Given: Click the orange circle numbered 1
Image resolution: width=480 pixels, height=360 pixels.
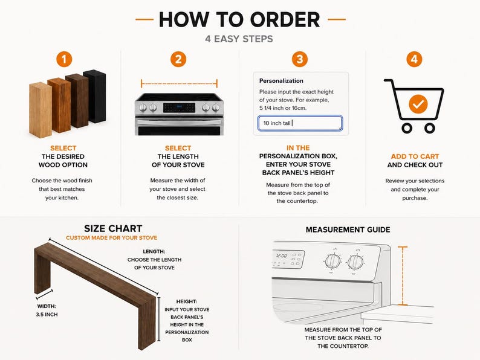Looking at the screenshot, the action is pos(64,59).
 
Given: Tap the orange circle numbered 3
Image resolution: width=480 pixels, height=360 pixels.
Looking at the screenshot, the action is pos(299,59).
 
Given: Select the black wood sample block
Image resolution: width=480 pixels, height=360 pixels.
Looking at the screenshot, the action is pos(94,97).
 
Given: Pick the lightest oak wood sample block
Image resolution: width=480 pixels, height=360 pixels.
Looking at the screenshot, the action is pos(41,110).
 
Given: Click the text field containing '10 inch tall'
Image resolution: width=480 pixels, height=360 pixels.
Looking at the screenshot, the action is pos(300,123).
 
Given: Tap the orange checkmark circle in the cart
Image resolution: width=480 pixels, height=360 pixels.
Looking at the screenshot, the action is pos(418,104).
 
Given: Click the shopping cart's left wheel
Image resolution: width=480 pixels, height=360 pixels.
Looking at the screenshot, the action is pos(406,128).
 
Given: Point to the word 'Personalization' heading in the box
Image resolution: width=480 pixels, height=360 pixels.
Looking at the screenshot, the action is pos(281,81).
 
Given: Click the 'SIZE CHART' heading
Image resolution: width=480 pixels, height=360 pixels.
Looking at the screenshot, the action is pos(113,228).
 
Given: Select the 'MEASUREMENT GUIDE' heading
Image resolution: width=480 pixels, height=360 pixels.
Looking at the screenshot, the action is pos(348,230).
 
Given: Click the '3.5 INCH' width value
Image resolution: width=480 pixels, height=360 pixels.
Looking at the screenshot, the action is pos(47,315).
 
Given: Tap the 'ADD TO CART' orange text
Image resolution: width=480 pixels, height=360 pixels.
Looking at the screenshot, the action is pos(415,156).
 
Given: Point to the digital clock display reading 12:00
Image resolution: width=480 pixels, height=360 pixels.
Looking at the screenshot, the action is pos(282,256).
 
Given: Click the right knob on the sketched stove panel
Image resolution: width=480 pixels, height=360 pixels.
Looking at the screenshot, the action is pos(355,262).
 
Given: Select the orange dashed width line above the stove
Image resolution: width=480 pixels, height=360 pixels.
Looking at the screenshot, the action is pos(179,83).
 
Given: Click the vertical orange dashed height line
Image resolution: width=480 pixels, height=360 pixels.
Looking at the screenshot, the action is pos(403,275).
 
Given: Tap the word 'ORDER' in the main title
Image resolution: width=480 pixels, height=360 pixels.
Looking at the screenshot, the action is pos(285,19).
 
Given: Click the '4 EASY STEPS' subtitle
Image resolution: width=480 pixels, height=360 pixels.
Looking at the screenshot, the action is pos(239,39).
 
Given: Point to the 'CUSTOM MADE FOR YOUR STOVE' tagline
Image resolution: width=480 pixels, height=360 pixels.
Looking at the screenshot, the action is pos(111,237).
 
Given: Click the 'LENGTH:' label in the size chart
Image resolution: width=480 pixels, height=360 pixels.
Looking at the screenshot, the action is pos(154,251).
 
